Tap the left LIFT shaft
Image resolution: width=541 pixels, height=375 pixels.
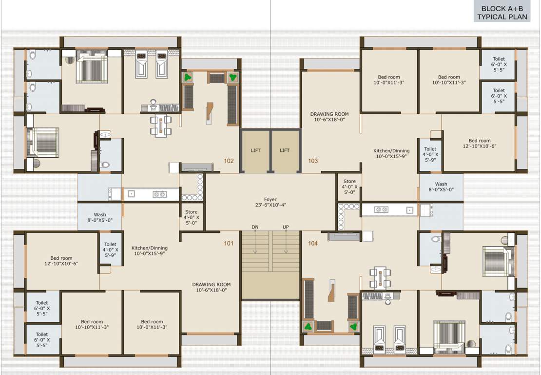coord(255,151)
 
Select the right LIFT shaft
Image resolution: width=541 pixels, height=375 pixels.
coord(285,151)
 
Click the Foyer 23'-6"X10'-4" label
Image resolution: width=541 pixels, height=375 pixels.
coord(270,202)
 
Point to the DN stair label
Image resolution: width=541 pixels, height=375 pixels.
coord(255,227)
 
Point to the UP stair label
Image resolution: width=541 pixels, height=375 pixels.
coord(286,227)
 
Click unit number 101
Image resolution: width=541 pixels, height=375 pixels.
coord(229,243)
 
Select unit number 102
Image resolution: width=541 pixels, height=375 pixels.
coord(229,160)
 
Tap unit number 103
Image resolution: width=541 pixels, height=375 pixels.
coord(313,160)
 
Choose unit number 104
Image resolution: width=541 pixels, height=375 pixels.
coord(313,243)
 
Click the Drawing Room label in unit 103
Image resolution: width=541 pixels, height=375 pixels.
coord(329,117)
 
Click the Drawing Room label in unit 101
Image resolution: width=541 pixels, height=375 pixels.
coord(211,287)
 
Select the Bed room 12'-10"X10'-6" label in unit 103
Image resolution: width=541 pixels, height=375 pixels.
coord(480,144)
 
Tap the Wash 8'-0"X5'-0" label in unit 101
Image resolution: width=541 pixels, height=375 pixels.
coord(100,217)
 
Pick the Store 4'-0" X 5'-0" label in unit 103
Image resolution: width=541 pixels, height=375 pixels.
coord(349,187)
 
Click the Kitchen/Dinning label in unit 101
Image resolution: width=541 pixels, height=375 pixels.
coord(149,250)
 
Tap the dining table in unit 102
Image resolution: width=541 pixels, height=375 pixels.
coord(160,125)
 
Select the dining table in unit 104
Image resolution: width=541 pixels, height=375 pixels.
coord(380,277)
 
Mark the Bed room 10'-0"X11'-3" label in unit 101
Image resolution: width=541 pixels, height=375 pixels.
coord(152,325)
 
